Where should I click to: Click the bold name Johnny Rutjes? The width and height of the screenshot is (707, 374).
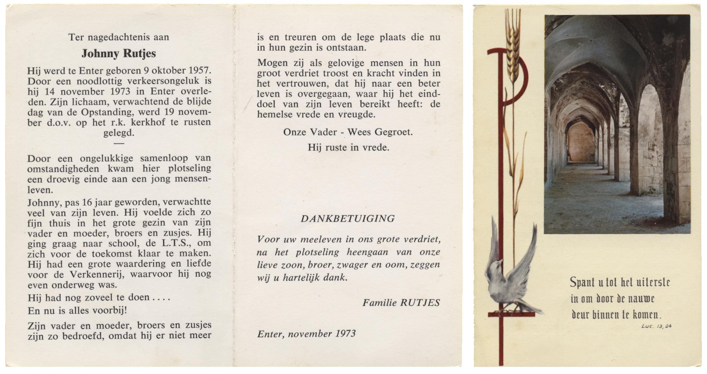(118, 54)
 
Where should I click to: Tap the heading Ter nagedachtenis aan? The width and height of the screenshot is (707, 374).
(118, 37)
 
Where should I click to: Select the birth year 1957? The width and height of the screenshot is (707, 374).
(199, 71)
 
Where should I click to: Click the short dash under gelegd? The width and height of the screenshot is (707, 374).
(119, 143)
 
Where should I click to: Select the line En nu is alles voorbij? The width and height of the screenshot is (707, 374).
(77, 311)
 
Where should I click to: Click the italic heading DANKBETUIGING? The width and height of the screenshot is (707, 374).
(348, 219)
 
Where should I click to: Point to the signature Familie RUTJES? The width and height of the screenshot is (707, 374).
(401, 303)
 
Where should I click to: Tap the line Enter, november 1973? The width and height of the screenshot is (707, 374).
(306, 334)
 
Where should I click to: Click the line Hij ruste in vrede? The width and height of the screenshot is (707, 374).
(349, 147)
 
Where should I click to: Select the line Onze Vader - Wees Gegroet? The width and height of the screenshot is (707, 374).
(348, 132)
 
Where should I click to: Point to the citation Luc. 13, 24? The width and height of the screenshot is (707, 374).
(656, 326)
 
